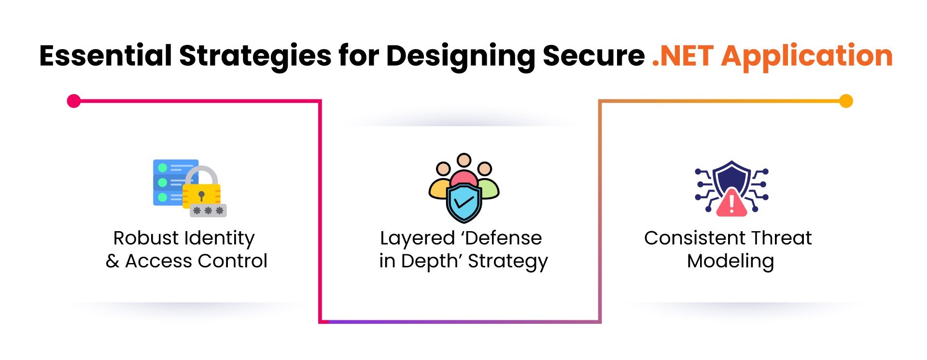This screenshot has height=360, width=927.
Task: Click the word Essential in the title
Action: tap(105, 56)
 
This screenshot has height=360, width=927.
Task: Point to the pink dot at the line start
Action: tap(74, 101)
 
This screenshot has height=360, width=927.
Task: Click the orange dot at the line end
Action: tap(846, 101)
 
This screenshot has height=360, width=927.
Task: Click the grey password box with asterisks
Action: tap(208, 210)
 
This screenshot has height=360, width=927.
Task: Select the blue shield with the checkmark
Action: tap(463, 203)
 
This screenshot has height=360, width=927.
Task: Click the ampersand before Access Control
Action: tap(112, 261)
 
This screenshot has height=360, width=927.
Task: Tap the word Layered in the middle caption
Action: tap(417, 239)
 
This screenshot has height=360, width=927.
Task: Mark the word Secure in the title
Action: tap(593, 56)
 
